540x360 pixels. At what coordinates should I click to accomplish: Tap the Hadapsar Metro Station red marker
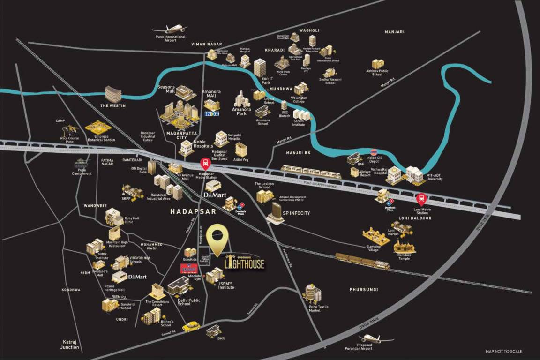pos(205,164)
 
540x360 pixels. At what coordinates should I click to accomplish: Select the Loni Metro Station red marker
pos(421,199)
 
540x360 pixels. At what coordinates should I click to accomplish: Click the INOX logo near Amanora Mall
pos(212,113)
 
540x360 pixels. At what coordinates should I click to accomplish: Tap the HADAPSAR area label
pos(193,211)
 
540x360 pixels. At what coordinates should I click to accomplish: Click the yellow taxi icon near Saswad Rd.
pos(191,326)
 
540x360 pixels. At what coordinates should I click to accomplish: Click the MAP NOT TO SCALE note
pos(504,351)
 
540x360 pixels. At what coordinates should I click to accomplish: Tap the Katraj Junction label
pos(70,345)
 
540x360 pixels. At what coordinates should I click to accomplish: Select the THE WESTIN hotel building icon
pos(113,94)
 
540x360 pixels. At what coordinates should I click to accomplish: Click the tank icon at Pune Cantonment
pos(82,163)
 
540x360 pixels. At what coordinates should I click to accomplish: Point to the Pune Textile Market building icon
pos(312,293)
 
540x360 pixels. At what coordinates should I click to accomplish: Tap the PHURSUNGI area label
pos(363,290)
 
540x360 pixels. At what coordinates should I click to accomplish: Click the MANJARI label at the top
pos(394,32)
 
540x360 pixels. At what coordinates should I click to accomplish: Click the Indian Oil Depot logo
pos(374,152)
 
